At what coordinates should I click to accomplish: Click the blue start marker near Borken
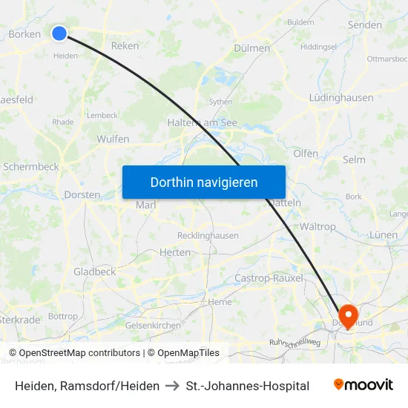click(59, 33)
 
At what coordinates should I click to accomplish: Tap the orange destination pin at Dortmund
click(348, 314)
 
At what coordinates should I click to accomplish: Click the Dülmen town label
click(251, 48)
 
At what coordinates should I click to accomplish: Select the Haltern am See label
click(203, 122)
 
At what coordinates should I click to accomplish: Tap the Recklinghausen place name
click(208, 236)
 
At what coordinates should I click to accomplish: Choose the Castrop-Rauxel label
click(269, 277)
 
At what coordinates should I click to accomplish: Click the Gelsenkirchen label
click(154, 325)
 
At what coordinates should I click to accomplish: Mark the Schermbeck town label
click(31, 167)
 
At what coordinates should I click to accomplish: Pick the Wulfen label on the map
click(113, 139)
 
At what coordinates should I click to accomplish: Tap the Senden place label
click(365, 25)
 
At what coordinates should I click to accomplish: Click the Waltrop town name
click(317, 226)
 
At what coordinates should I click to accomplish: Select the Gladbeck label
click(94, 272)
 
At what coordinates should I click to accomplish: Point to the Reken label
click(125, 45)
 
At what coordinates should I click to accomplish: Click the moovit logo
click(363, 385)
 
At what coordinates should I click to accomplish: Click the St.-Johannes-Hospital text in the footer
click(248, 386)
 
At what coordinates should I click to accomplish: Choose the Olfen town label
click(306, 154)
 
